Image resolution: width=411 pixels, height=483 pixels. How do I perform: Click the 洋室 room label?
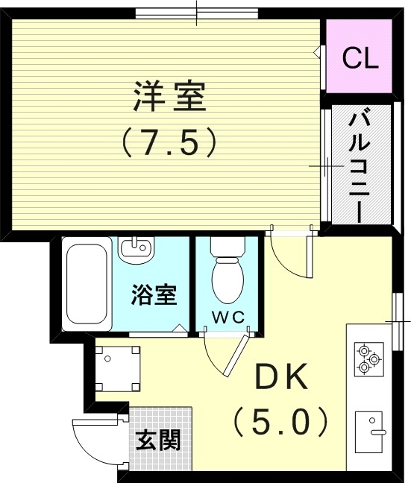[169, 98]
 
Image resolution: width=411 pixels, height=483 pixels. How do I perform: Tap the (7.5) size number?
[169, 142]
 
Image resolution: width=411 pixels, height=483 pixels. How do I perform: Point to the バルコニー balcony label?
[360, 165]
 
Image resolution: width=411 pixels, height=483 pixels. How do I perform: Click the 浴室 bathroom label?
[154, 295]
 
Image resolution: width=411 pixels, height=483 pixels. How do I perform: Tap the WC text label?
[228, 316]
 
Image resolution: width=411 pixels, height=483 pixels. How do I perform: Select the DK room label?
[282, 380]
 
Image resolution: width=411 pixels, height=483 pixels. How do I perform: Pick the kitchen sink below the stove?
[371, 432]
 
